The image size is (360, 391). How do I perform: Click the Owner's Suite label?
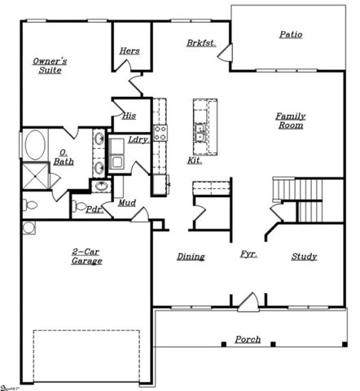click(48, 66)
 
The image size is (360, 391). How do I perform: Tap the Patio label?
click(291, 35)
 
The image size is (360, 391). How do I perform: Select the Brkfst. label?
click(200, 42)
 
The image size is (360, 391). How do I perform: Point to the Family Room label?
click(289, 121)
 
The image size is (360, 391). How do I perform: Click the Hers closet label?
click(130, 51)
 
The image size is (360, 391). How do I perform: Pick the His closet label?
click(129, 116)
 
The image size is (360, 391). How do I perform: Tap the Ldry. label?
click(138, 139)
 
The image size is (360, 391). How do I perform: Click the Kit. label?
click(195, 160)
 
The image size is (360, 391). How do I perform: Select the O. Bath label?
click(64, 156)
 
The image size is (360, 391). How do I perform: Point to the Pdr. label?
click(93, 209)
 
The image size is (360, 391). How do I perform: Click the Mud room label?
click(126, 202)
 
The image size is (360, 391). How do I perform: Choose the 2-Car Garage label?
click(86, 257)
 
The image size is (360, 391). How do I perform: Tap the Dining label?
click(191, 257)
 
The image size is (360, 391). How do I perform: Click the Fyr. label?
click(248, 255)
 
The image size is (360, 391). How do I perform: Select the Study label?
click(304, 257)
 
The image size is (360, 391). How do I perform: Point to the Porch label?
click(248, 340)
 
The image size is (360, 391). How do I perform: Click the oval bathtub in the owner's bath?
click(35, 145)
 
